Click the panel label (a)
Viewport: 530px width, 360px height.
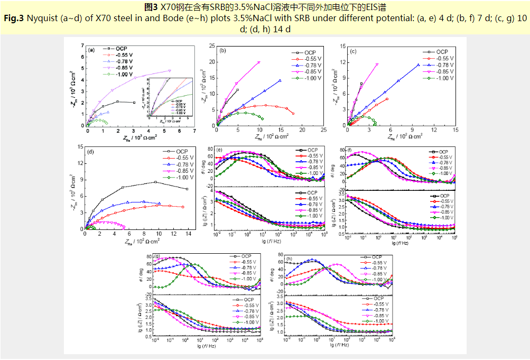click(91, 50)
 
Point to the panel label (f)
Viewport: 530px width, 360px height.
click(349, 150)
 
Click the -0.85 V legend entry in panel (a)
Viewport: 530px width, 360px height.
click(125, 68)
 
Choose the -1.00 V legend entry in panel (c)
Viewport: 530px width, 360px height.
click(444, 78)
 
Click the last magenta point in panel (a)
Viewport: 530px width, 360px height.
click(170, 70)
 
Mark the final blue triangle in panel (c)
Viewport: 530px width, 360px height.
click(419, 65)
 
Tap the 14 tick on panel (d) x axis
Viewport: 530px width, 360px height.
click(188, 234)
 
